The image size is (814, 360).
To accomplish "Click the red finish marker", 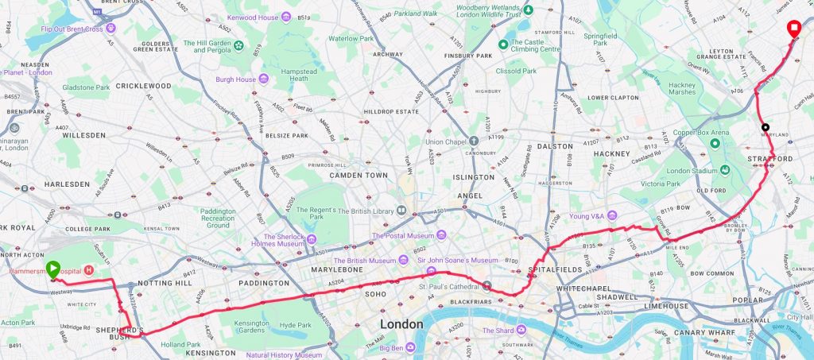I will coord(793,29).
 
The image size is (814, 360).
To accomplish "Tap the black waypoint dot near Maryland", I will coord(765,127).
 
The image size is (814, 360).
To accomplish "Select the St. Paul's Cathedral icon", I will coord(486,286).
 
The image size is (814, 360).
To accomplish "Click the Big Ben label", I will coord(390,346).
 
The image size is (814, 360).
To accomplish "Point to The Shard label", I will coord(499,330).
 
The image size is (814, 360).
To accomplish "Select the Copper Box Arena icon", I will coord(715,143).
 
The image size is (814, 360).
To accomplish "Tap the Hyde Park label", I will coord(296,325).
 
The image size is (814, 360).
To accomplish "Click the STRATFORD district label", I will coord(770,159).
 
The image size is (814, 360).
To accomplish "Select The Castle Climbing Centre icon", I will coord(502,44).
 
